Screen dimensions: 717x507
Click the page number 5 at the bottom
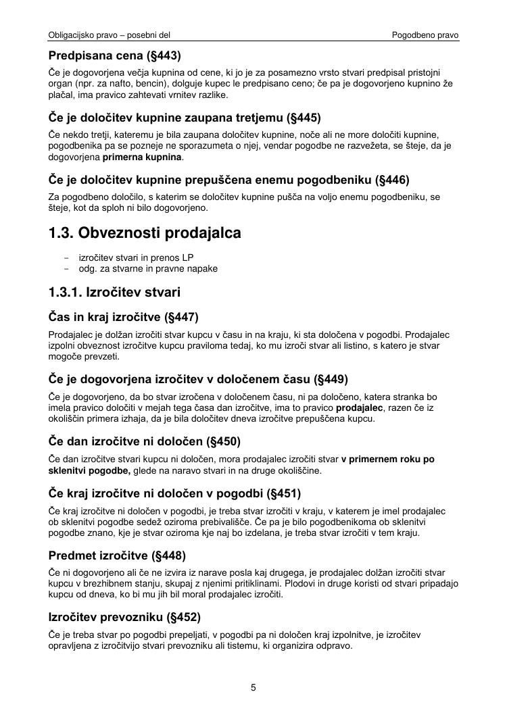tap(254, 688)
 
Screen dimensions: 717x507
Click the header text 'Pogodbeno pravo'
tap(425, 34)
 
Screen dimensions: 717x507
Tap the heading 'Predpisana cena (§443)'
tap(115, 56)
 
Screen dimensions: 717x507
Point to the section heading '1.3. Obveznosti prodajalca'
tap(145, 233)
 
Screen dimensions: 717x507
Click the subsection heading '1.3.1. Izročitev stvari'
tap(114, 293)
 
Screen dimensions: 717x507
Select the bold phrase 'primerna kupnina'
tap(142, 157)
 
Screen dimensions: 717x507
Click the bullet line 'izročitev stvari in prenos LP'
tap(136, 257)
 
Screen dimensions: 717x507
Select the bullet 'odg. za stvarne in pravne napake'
tap(148, 268)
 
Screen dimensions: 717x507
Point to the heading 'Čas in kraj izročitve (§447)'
tap(124, 317)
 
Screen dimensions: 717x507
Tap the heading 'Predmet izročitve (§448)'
tap(117, 555)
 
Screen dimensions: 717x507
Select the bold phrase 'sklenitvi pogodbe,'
tap(90, 470)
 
